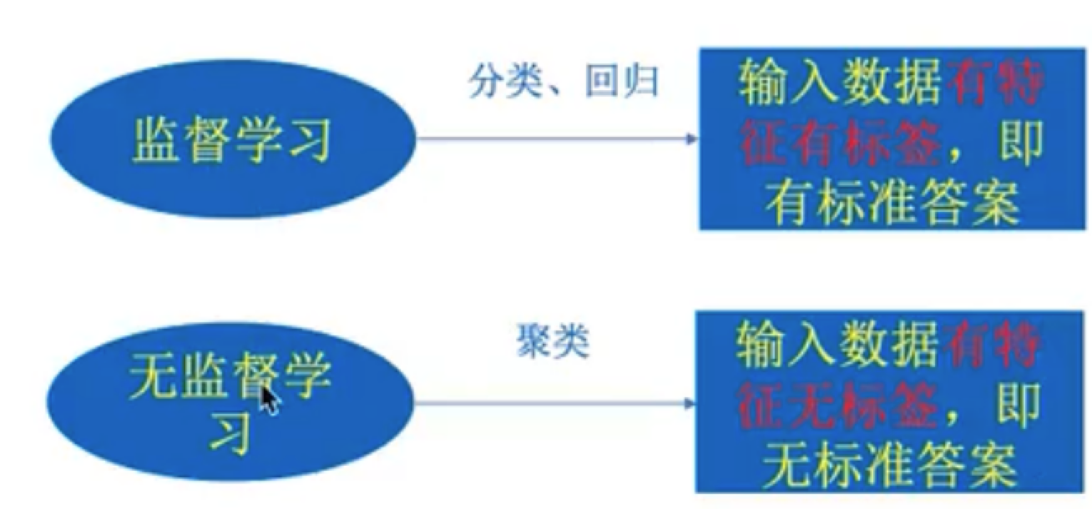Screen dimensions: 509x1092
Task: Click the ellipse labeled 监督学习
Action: tap(231, 142)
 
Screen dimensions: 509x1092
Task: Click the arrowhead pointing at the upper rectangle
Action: tap(690, 139)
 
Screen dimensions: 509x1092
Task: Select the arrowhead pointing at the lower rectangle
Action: tap(689, 403)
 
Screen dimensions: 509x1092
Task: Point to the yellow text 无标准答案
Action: tap(888, 465)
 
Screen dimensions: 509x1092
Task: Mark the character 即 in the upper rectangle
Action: tap(1019, 145)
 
